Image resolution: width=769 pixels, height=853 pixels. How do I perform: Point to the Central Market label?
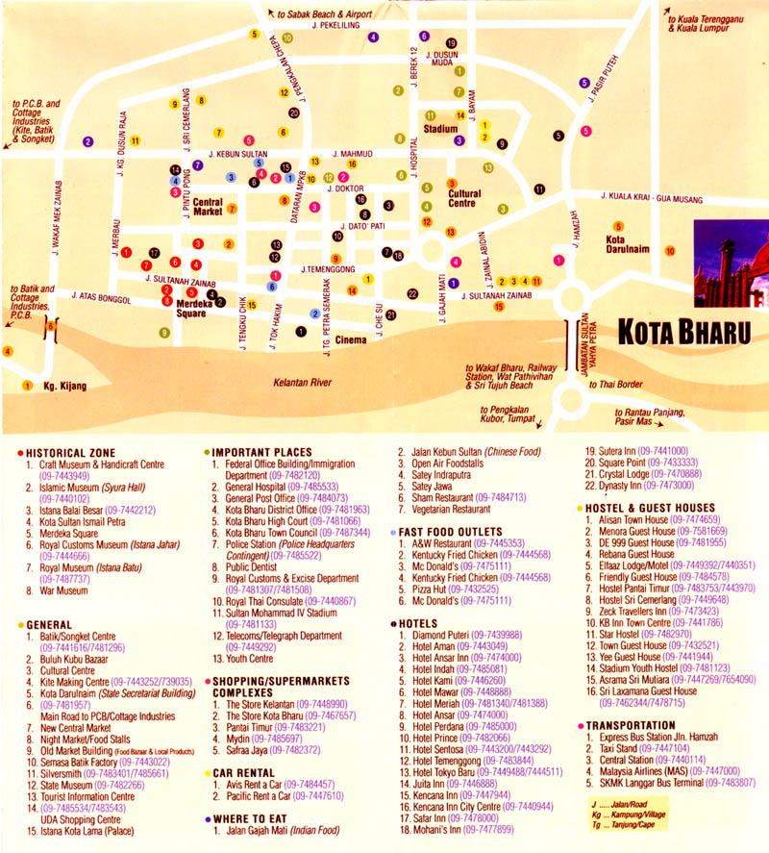[208, 207]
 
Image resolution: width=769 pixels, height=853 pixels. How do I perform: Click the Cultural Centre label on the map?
[464, 198]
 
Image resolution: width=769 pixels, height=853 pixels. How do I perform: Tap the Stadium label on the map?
[440, 128]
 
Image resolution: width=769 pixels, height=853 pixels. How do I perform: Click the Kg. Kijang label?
[64, 387]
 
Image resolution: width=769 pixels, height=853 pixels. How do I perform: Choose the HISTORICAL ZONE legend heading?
[71, 452]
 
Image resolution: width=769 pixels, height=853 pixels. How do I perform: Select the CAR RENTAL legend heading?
[245, 772]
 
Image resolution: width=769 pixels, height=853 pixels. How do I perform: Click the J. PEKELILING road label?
[335, 27]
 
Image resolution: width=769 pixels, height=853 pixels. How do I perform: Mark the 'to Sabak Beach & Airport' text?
[323, 14]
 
